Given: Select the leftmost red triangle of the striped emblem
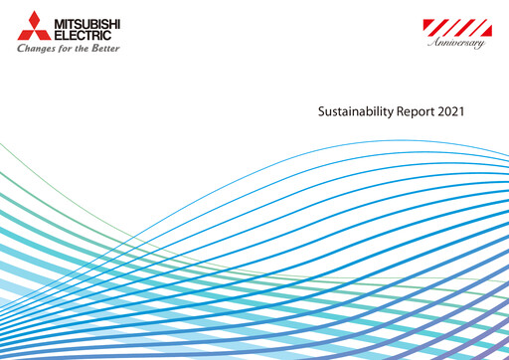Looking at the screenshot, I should coord(427,24).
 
